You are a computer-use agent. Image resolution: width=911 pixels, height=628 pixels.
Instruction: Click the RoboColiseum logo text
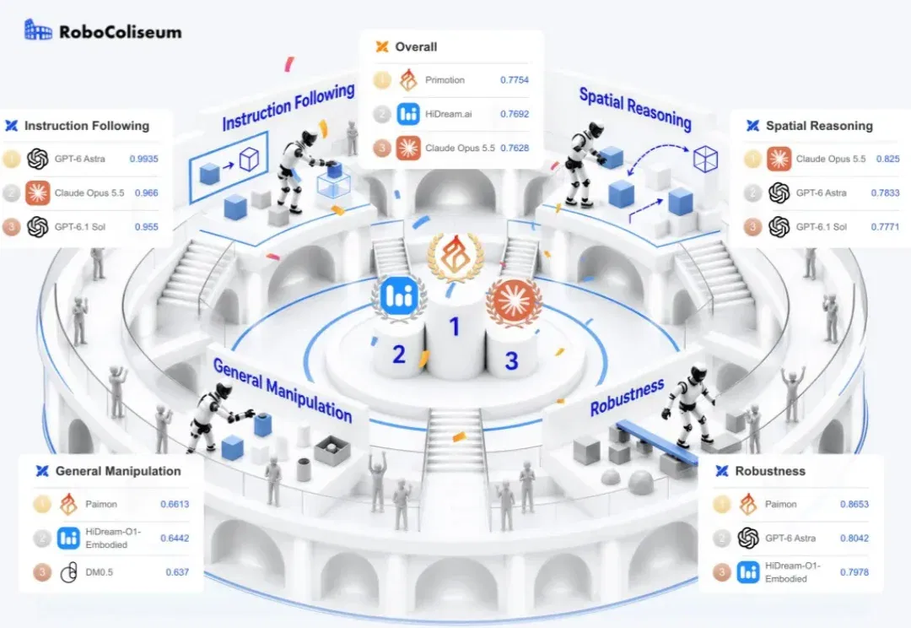[121, 31]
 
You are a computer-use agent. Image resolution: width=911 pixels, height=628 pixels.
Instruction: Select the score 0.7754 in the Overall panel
[515, 79]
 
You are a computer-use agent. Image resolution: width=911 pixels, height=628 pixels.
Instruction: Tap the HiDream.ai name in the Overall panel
[449, 114]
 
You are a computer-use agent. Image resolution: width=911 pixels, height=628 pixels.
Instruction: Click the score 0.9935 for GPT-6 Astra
[143, 159]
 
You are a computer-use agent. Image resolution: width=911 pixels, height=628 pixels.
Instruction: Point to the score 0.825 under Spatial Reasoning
[887, 159]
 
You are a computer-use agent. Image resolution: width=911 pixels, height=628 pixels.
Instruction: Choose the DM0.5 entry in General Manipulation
[100, 572]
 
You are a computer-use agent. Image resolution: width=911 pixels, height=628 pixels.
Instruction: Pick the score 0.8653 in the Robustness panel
[854, 504]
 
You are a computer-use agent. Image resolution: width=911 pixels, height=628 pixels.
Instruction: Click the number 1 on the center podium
[455, 327]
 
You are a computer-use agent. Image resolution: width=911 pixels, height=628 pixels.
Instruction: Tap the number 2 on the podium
[398, 355]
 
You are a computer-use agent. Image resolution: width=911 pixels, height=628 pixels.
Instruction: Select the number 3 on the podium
[511, 361]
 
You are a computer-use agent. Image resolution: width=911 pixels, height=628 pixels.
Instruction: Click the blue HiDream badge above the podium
[400, 296]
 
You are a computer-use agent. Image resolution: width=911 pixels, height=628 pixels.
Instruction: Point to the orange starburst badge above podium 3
[514, 301]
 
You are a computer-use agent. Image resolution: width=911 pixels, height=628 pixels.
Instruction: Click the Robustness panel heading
[770, 471]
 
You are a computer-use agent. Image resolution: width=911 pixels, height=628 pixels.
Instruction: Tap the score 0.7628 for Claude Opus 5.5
[515, 148]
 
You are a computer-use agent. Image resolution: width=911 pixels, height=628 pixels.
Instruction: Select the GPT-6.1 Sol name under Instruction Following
[80, 227]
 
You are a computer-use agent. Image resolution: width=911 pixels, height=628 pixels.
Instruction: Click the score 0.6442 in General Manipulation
[175, 539]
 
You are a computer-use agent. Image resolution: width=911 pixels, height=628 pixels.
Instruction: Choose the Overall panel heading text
[416, 47]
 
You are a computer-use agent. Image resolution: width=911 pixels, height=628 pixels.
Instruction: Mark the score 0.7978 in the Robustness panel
[854, 572]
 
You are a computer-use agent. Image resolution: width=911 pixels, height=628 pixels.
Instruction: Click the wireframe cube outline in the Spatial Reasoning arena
[705, 159]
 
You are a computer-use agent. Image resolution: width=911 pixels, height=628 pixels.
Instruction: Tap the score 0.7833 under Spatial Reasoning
[885, 192]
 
